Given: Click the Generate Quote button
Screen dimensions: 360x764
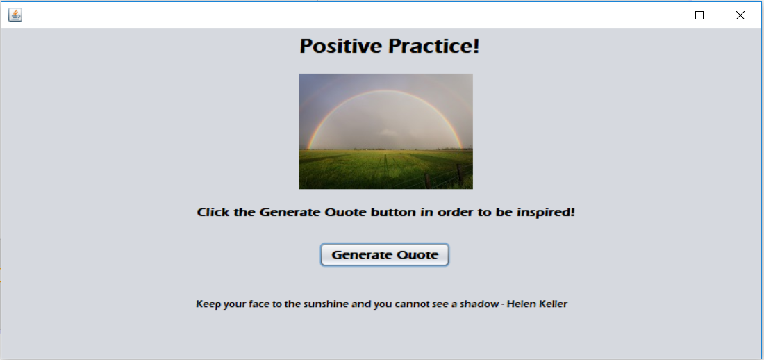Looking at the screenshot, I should click(x=385, y=255).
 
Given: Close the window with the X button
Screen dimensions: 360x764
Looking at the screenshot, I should click(x=740, y=15).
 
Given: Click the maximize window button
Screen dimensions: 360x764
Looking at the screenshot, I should click(x=699, y=15).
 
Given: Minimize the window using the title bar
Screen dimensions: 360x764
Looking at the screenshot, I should click(x=659, y=15).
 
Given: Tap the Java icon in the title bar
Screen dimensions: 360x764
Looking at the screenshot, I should click(x=15, y=15).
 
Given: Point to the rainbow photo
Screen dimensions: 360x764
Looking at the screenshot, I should click(x=385, y=131).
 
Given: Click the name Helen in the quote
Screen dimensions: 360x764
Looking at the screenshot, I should click(x=522, y=304).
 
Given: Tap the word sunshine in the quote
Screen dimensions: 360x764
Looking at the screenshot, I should click(x=326, y=304).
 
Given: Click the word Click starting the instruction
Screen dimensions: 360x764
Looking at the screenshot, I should click(x=213, y=212).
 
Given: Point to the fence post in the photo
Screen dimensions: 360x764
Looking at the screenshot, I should click(x=459, y=174).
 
